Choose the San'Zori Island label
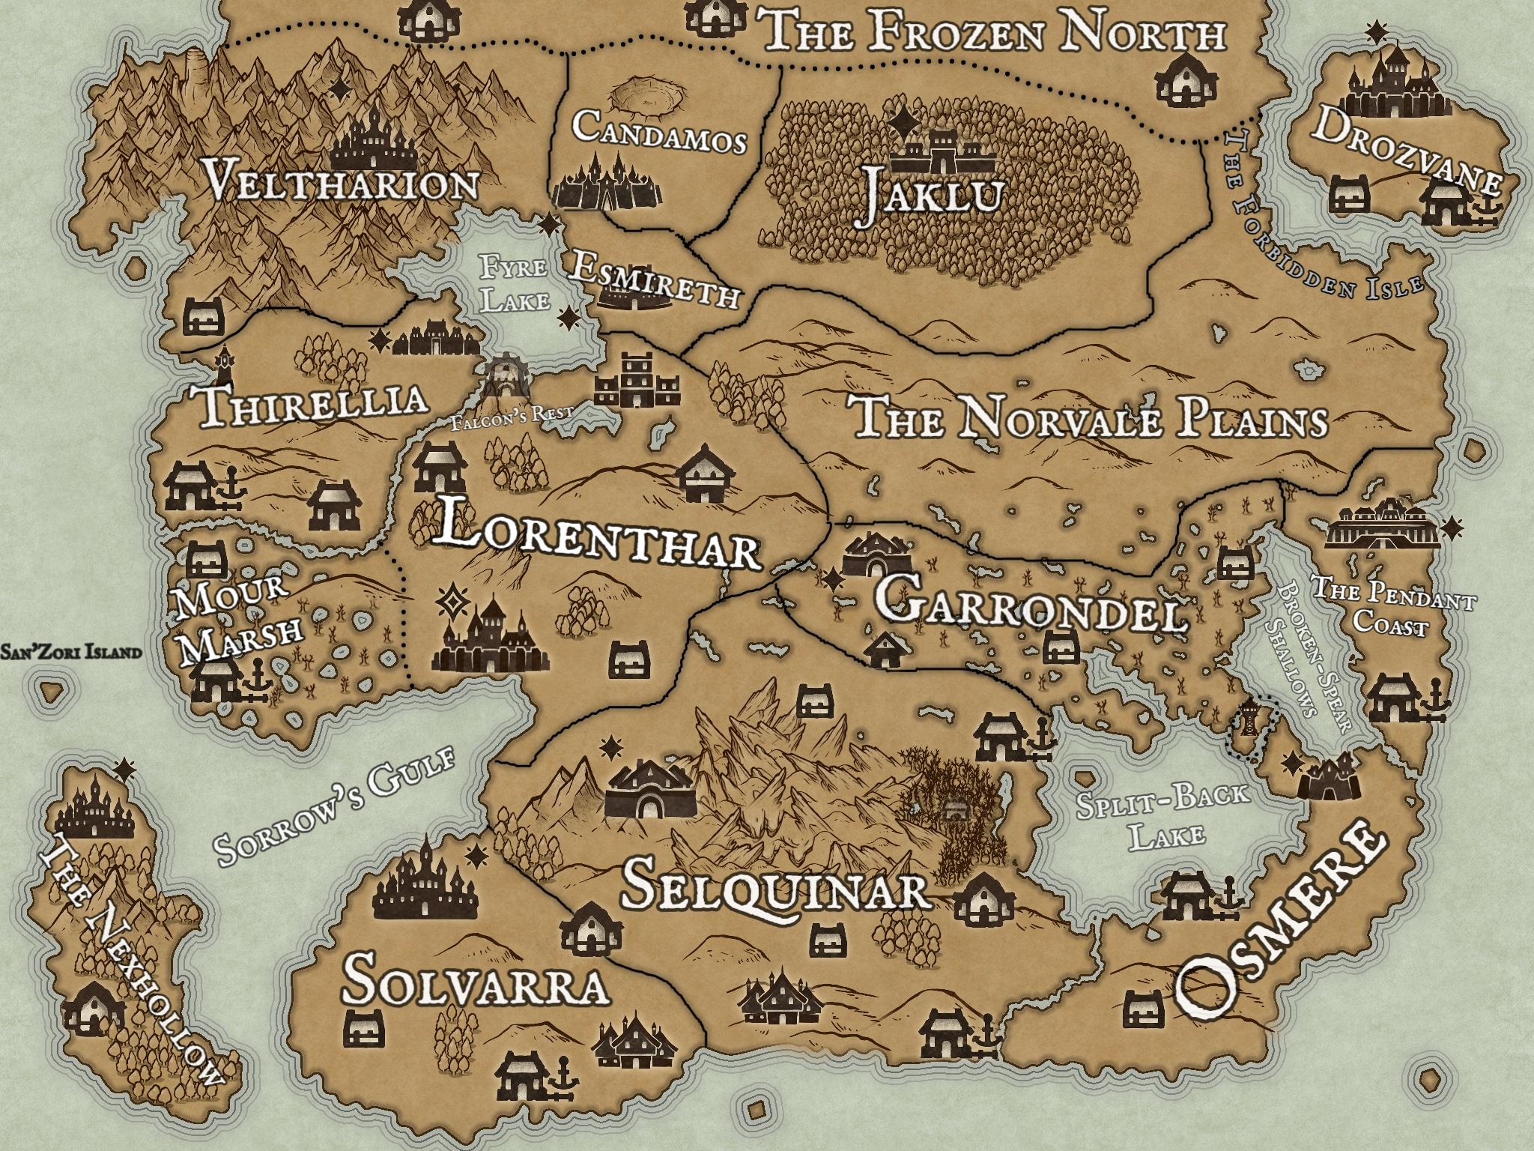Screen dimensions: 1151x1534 click(x=71, y=652)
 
